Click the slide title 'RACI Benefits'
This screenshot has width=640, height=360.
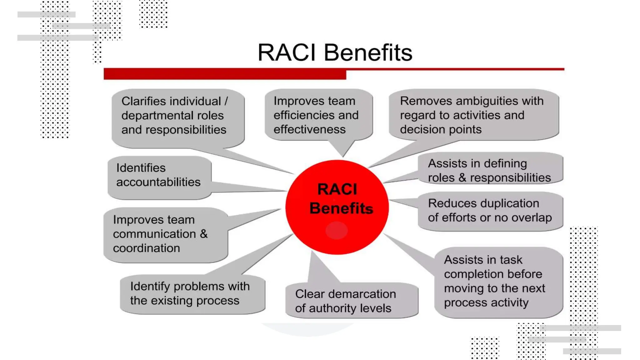point(335,52)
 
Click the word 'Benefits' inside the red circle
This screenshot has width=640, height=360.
point(341,208)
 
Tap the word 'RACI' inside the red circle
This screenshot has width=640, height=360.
point(337,189)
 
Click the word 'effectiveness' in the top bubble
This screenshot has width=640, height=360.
point(309,129)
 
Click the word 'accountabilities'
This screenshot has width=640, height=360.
point(158,182)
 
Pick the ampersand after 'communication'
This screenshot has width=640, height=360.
point(204,234)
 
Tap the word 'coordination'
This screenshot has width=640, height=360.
point(146,248)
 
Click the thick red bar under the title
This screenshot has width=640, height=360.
point(225,74)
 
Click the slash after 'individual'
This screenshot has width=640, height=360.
point(226,101)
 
